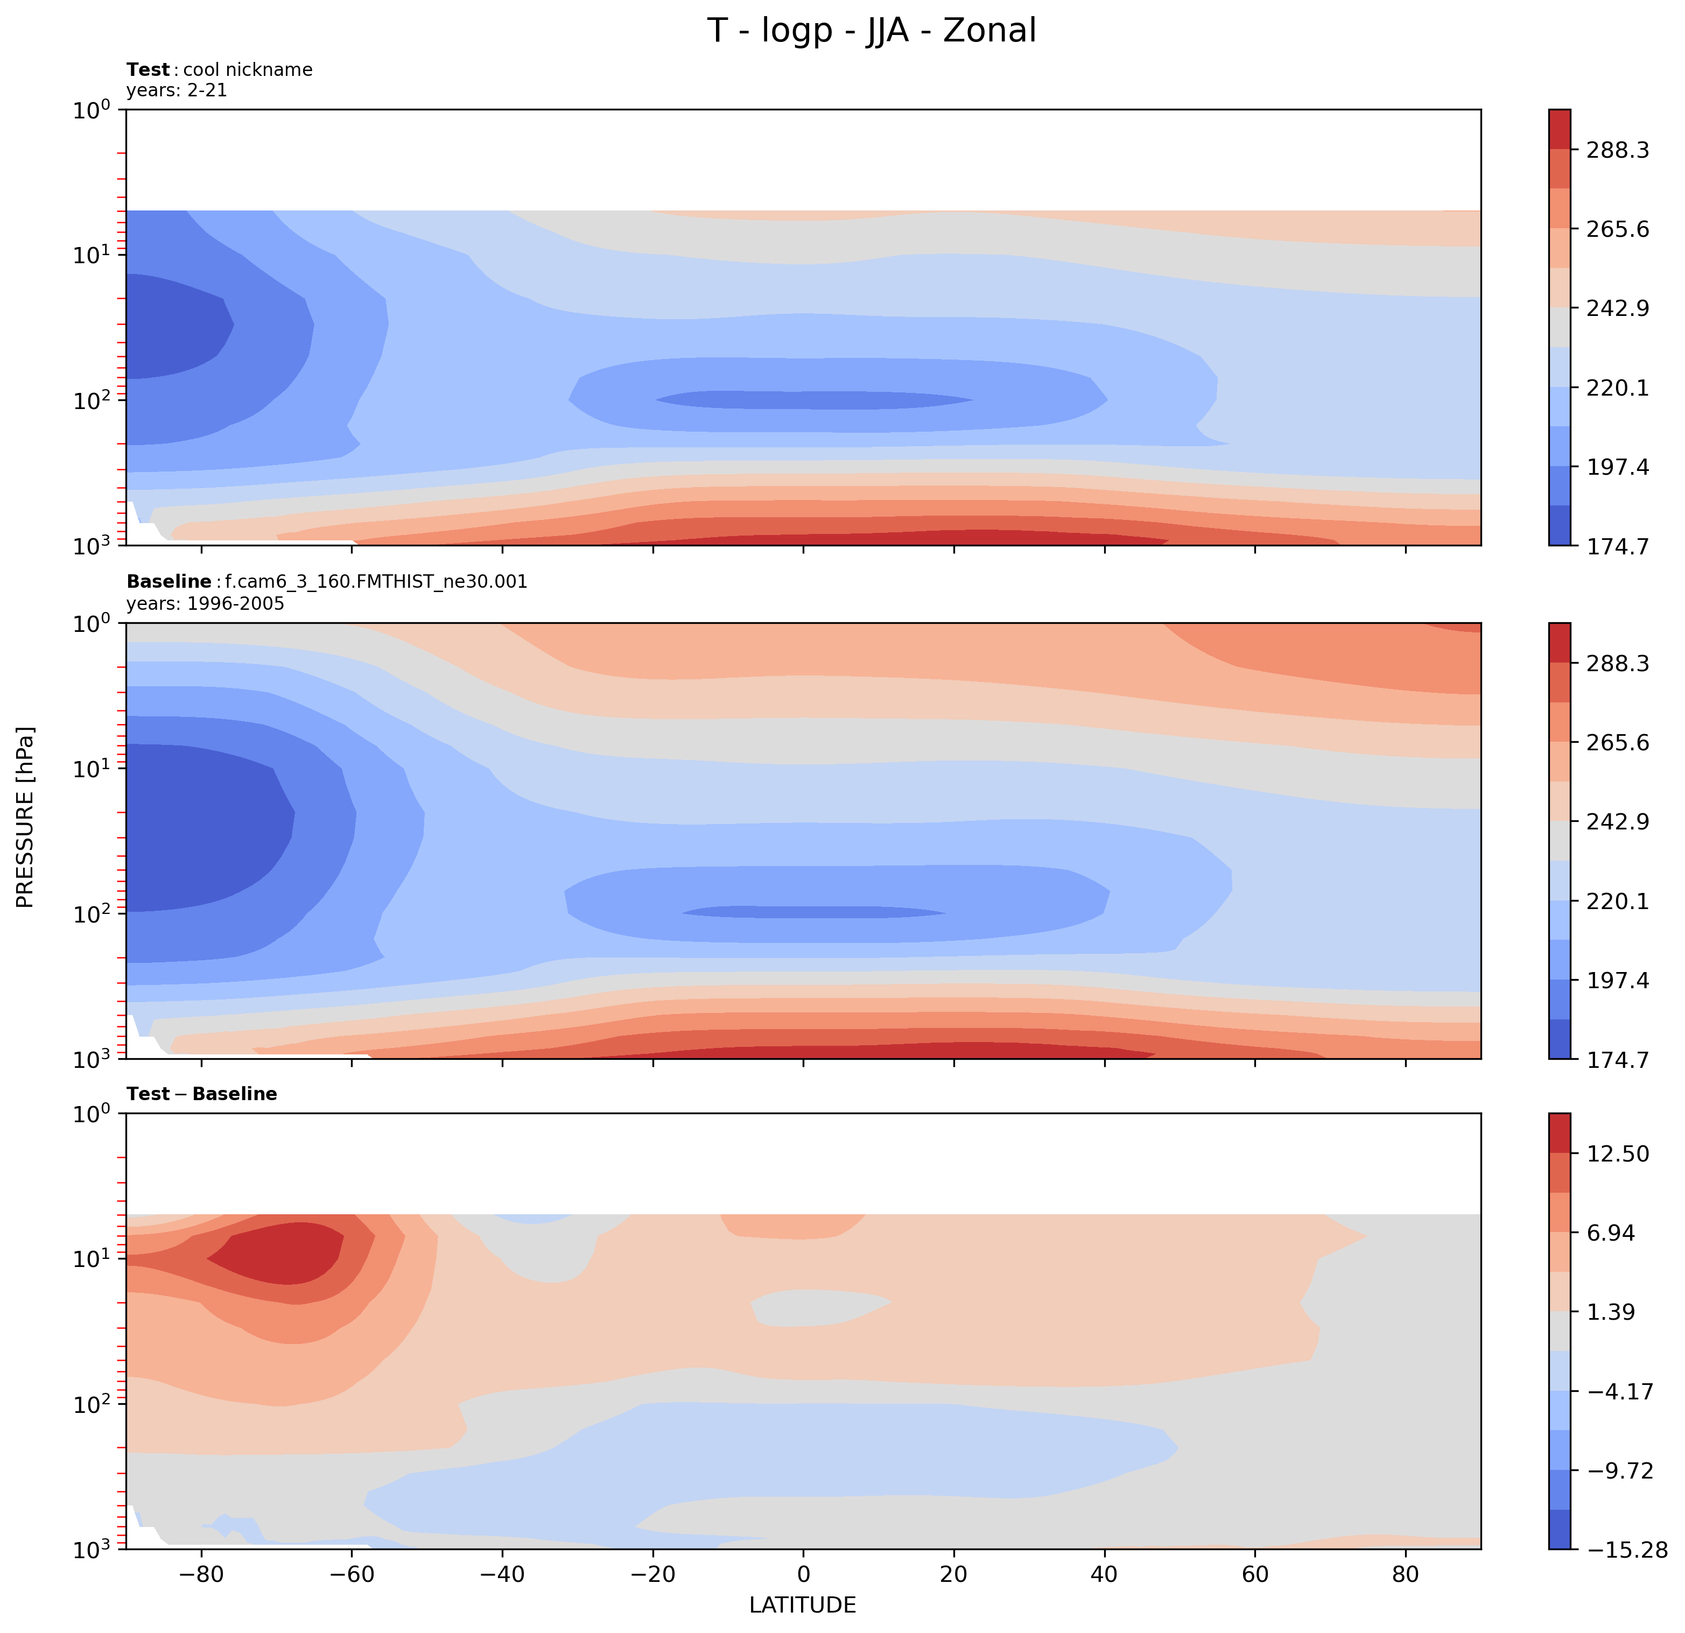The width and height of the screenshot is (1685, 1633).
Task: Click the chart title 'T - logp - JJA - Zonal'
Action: tap(872, 31)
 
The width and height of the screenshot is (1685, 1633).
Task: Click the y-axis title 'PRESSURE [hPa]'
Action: tap(26, 818)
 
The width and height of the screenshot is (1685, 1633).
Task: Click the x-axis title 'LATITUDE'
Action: tap(802, 1604)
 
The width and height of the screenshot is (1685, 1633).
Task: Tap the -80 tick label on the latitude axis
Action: tap(201, 1574)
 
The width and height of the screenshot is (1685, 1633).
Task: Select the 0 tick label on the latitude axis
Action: tap(803, 1574)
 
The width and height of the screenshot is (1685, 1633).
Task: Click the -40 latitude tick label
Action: tap(502, 1574)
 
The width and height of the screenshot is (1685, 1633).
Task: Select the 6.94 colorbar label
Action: tap(1612, 1233)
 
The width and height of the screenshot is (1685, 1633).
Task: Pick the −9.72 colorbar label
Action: tap(1618, 1470)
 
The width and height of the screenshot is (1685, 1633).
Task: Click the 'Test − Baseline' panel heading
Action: tap(201, 1094)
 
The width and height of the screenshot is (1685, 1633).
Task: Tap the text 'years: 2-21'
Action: tap(176, 90)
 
